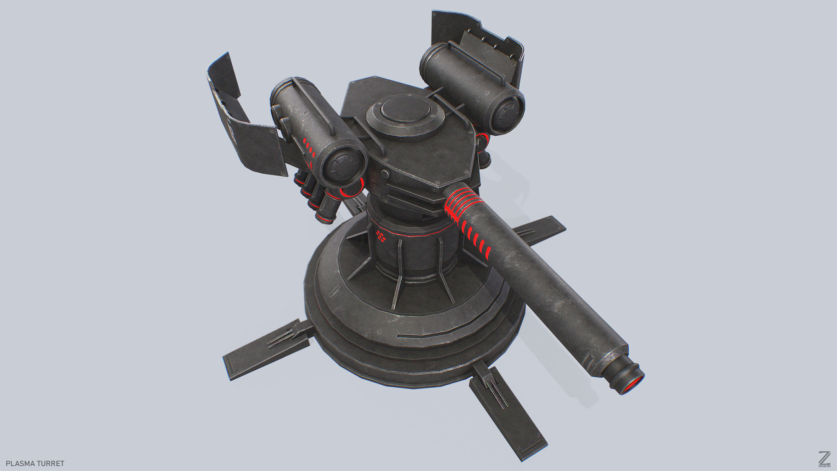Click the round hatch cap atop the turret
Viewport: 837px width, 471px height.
[406, 110]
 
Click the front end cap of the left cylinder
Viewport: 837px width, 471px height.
[344, 165]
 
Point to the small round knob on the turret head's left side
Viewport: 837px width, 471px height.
[385, 174]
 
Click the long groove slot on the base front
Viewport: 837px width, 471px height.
[422, 336]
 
